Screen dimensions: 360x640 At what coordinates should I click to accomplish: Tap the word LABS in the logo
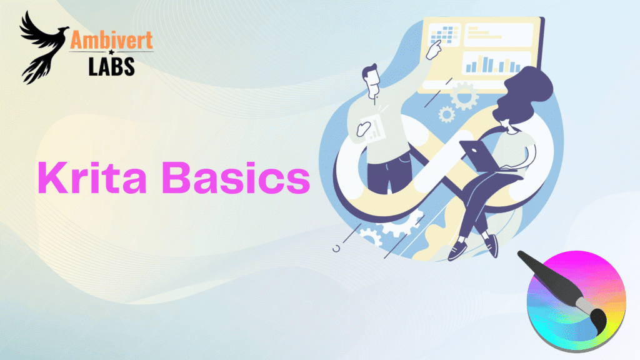pos(112,66)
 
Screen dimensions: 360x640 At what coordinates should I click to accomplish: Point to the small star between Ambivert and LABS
pos(112,54)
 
